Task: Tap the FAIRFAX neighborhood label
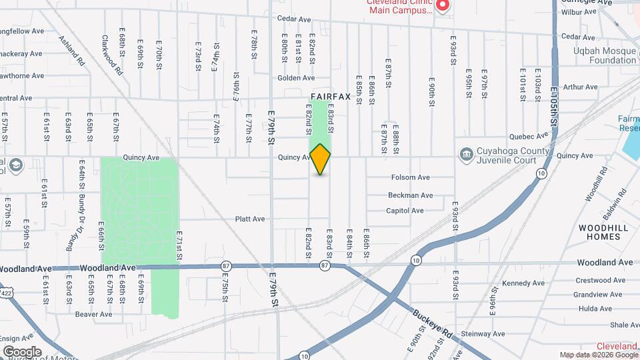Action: click(330, 97)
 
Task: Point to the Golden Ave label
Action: click(291, 78)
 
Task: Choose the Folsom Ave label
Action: click(410, 177)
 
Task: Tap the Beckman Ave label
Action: click(411, 195)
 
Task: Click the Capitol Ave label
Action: click(405, 211)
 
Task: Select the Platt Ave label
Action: click(250, 219)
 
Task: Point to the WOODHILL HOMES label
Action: click(603, 232)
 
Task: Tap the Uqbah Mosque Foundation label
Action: click(604, 55)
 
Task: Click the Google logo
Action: click(22, 351)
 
